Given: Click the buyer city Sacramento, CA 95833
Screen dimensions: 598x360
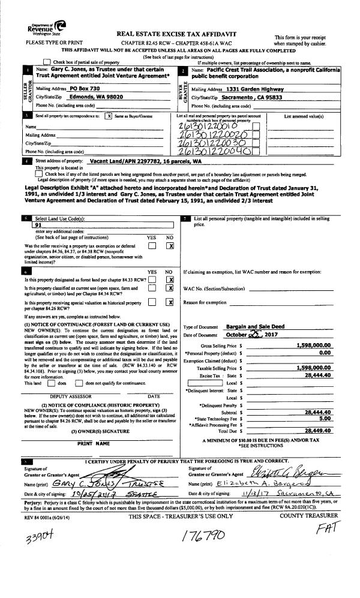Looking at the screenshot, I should point(251,97).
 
